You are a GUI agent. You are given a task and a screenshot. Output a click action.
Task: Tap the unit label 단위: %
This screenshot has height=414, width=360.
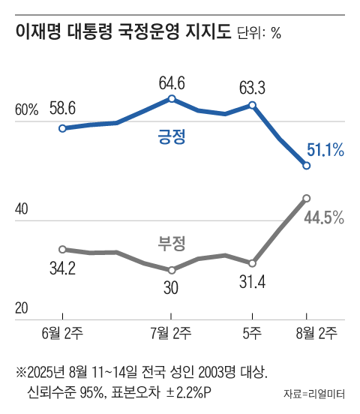tap(259, 34)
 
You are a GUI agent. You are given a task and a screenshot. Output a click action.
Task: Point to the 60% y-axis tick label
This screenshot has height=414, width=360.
tap(26, 110)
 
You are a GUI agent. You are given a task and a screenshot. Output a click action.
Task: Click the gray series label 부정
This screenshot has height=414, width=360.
tap(171, 242)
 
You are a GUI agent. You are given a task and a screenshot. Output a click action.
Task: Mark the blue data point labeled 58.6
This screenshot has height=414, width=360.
tap(63, 128)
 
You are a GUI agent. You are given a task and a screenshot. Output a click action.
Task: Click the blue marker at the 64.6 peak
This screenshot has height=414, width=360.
tap(172, 98)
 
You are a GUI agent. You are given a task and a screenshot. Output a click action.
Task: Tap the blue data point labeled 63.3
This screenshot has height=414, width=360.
tap(253, 105)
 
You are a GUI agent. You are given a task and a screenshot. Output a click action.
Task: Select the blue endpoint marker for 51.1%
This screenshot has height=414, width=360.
tap(306, 165)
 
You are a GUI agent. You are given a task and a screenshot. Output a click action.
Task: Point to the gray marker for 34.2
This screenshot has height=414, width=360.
tap(63, 249)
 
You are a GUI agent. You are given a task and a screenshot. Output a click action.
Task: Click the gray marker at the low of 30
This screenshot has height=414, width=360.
tap(172, 270)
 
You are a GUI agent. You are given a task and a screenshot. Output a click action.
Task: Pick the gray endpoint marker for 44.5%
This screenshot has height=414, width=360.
tap(306, 198)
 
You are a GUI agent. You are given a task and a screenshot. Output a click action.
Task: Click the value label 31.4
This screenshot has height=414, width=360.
tap(253, 283)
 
